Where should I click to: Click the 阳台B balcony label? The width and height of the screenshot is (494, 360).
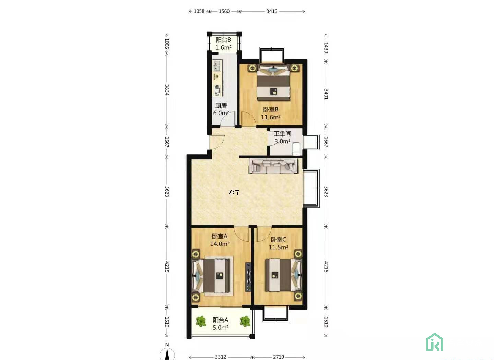coord(223,40)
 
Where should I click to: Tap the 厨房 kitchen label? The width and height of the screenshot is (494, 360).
coord(221,105)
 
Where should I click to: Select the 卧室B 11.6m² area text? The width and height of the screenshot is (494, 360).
coord(271,117)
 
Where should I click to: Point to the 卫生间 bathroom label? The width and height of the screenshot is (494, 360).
coord(283,134)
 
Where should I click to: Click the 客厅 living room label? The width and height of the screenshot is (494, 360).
coord(234,193)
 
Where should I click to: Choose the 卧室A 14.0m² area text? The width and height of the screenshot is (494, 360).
coord(220,244)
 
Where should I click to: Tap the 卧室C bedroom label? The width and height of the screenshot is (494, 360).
coord(278,239)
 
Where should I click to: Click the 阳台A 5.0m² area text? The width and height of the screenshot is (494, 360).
coord(221,327)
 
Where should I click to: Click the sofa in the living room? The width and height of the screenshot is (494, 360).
coord(273,166)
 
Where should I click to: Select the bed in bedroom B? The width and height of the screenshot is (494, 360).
coord(273,82)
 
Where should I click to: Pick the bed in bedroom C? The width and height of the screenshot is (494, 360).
coord(283,275)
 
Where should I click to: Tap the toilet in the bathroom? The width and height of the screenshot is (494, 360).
coord(296,148)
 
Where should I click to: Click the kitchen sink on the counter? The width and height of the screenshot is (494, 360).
coord(217,65)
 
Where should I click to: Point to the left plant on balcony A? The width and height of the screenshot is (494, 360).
coord(201,321)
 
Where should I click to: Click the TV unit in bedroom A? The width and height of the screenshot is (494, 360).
coord(248,277)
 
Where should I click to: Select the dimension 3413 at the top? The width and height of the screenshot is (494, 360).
coord(272,11)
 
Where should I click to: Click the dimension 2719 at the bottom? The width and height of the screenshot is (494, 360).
coord(279,357)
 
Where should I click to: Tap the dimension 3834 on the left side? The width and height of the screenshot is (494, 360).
coord(167,90)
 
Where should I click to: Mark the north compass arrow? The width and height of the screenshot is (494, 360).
coord(167,354)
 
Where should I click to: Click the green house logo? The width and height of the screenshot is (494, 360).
coord(434,342)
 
